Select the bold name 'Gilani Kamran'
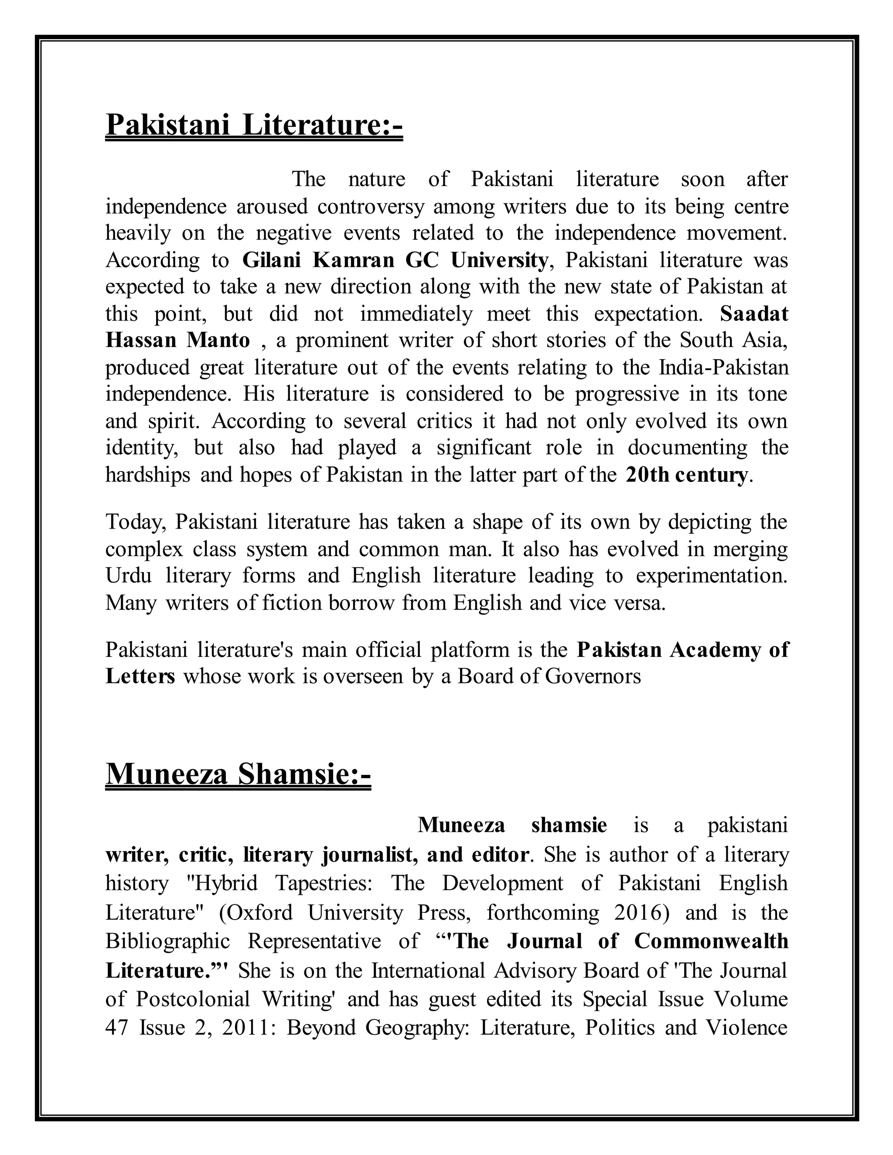(x=318, y=260)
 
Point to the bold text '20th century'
(x=687, y=475)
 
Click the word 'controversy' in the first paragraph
(x=370, y=206)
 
